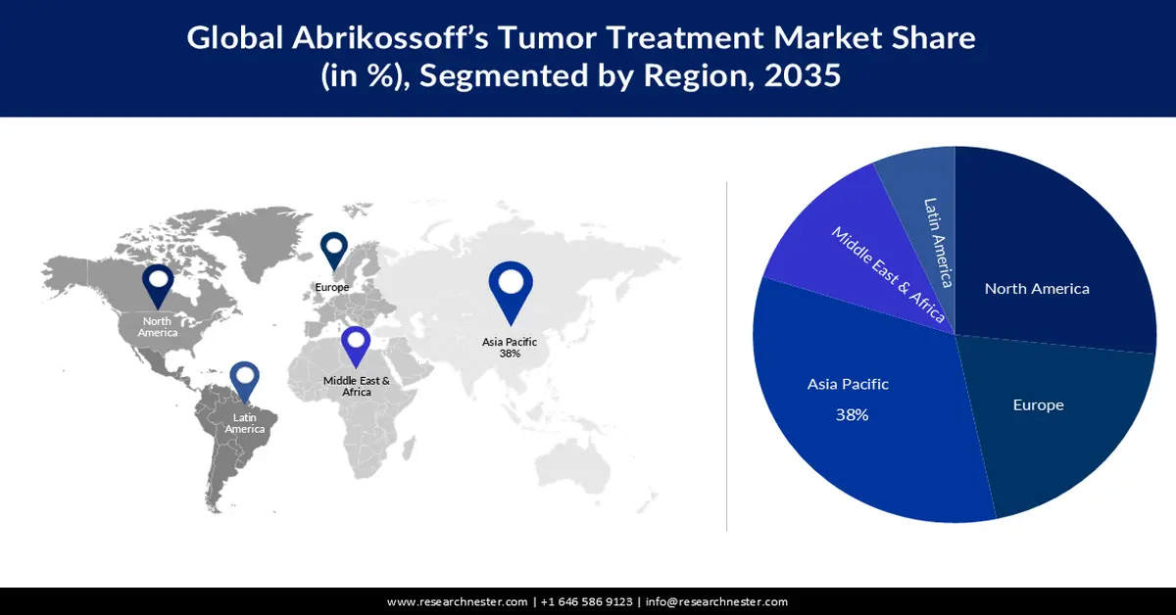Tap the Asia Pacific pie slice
(x=862, y=411)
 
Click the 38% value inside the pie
(x=852, y=414)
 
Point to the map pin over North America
(x=158, y=284)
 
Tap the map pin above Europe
(x=334, y=249)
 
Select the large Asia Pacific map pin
(x=510, y=289)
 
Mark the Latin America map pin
(x=244, y=383)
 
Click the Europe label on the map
(x=332, y=287)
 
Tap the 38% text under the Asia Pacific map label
(x=509, y=354)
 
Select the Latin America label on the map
(x=244, y=423)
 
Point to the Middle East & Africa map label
(x=357, y=386)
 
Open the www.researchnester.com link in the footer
(x=459, y=601)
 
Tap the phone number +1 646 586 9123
(x=586, y=601)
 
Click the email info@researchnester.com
(x=716, y=601)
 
